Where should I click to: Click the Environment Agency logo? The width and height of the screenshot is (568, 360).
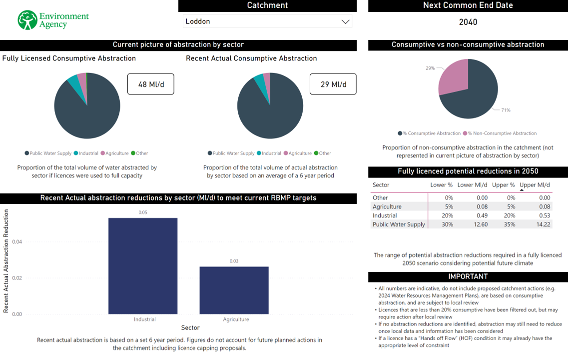[x=53, y=20]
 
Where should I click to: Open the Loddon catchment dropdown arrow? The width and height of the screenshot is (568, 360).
[x=345, y=21]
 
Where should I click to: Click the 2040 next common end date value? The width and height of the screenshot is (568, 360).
[x=468, y=22]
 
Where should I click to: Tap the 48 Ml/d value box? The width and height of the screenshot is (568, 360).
[x=151, y=84]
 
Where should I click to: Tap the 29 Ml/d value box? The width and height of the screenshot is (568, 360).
[x=333, y=84]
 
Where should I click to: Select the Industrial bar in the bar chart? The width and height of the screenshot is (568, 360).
[x=143, y=265]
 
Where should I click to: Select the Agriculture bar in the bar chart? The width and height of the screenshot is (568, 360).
[x=234, y=290]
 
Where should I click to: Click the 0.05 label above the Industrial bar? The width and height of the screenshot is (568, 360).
[x=143, y=212]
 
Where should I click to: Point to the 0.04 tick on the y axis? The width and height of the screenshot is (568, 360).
[x=17, y=242]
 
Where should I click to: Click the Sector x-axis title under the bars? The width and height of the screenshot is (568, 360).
[x=190, y=328]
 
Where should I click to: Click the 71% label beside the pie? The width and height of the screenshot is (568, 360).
[x=506, y=110]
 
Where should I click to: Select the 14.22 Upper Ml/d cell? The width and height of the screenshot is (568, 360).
[x=543, y=224]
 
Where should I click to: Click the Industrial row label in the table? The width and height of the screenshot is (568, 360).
[x=385, y=215]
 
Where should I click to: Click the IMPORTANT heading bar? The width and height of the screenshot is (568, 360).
[x=468, y=276]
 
